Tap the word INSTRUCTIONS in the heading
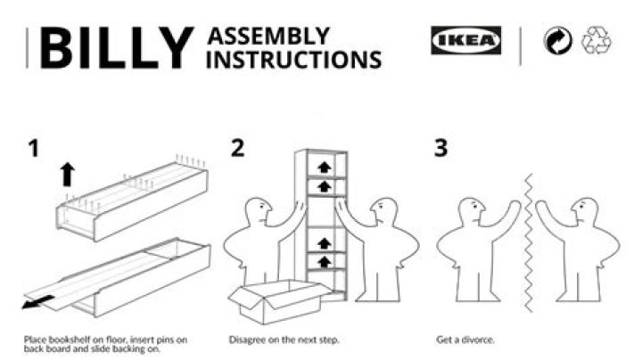point(294,60)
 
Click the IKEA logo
point(465,41)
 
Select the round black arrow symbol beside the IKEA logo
point(558,41)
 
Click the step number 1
point(34,149)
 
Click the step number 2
point(237,149)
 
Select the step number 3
point(440,149)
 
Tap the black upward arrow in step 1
point(67,174)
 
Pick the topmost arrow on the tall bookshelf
point(324,167)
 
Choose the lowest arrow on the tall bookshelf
point(324,261)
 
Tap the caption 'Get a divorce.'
point(465,340)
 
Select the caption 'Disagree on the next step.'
point(284,340)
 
